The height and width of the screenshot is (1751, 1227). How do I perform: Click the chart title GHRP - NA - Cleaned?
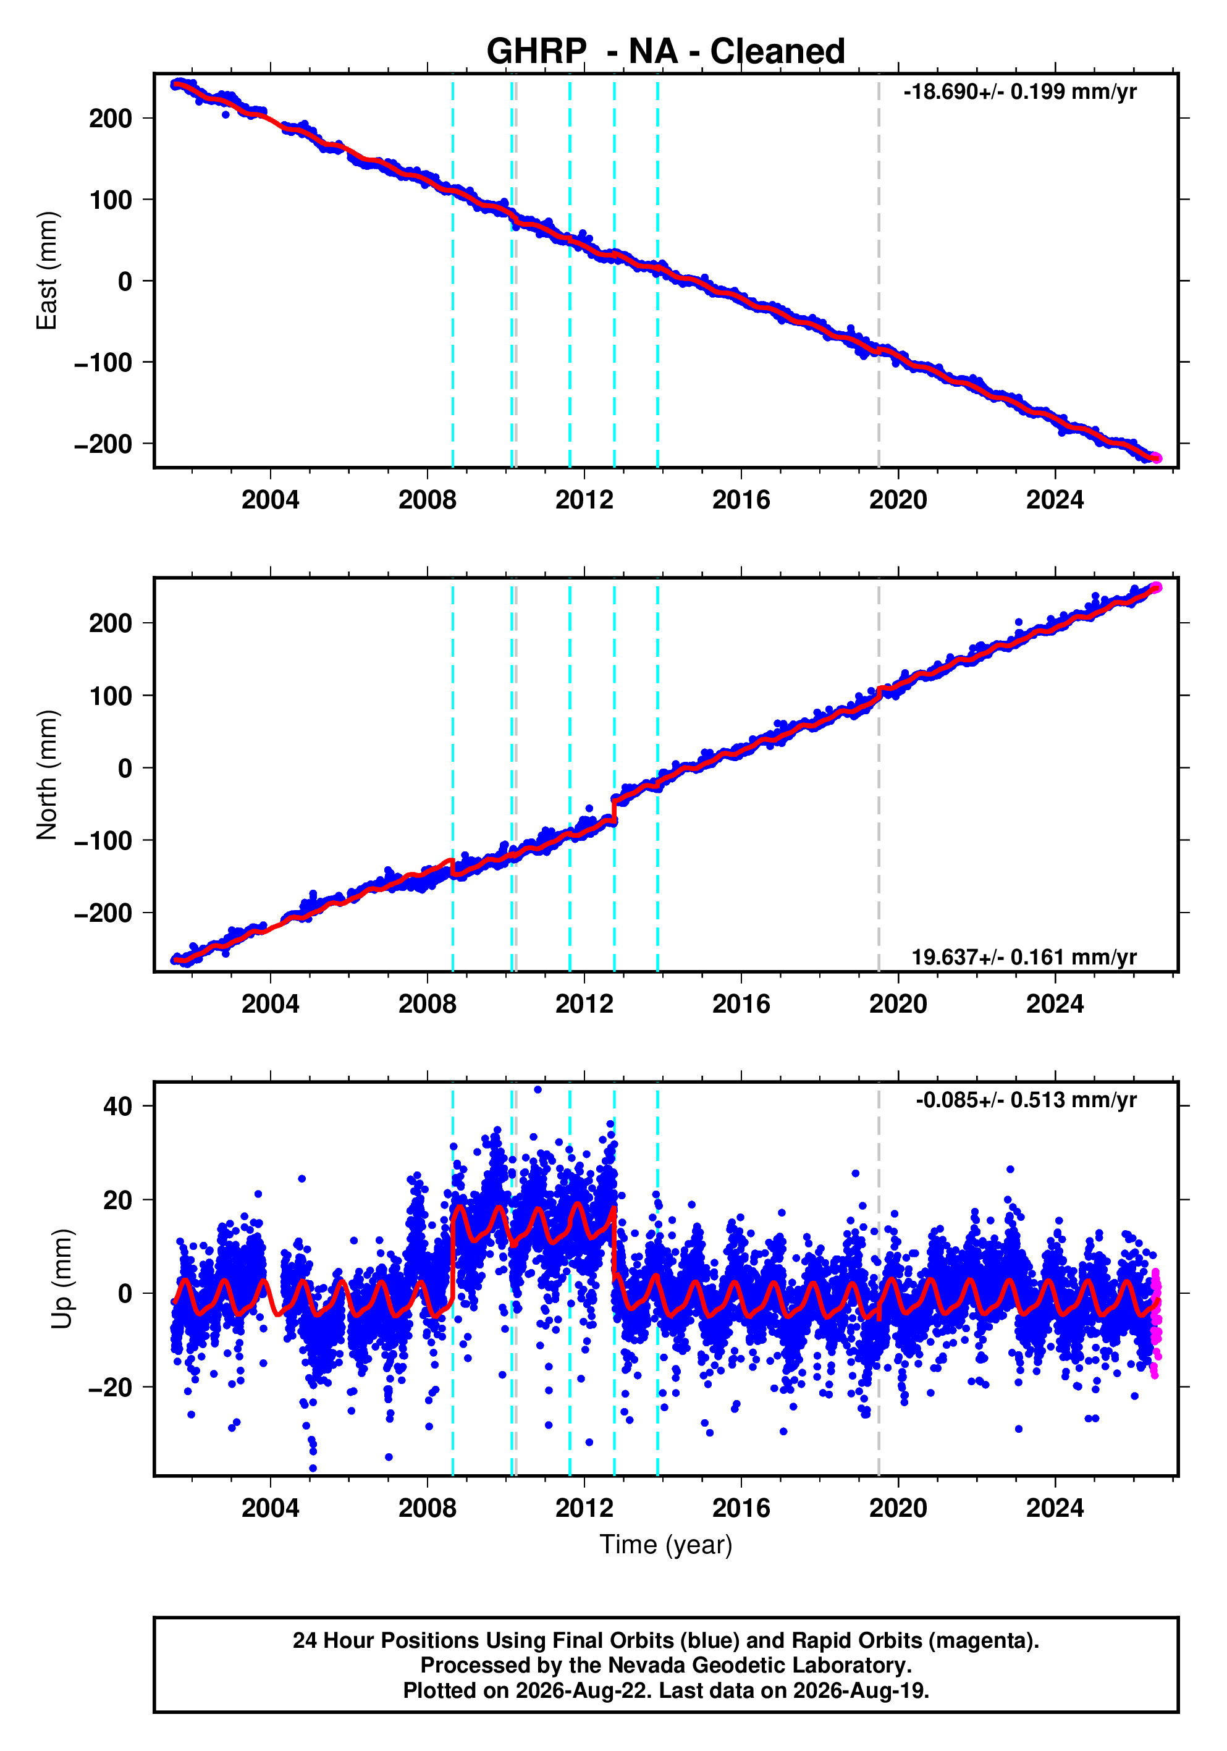666,51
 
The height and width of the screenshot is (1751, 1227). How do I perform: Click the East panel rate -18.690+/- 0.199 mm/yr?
1019,92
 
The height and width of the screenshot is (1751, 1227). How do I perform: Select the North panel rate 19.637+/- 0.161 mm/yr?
1024,957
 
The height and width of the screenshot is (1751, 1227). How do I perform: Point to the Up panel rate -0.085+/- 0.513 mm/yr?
1026,1100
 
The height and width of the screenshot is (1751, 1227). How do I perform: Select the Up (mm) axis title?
62,1279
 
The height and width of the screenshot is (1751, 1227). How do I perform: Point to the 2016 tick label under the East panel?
741,500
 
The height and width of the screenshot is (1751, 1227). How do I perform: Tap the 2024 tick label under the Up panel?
1055,1508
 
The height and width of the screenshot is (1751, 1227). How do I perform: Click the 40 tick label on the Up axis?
117,1106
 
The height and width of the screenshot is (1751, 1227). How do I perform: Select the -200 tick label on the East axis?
103,444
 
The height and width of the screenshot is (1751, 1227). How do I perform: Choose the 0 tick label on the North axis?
125,768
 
